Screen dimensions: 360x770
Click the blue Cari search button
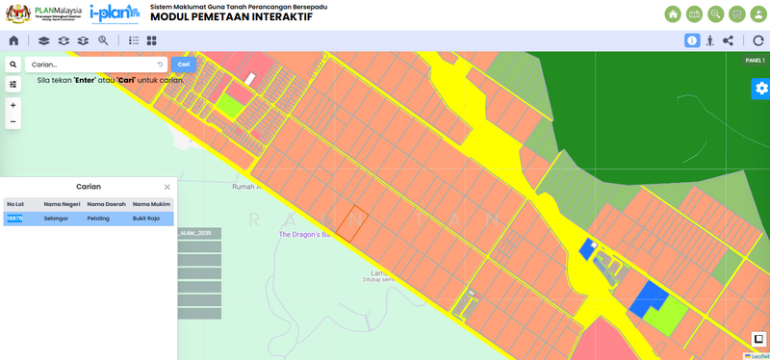(183, 64)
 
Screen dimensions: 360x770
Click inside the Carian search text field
(91, 64)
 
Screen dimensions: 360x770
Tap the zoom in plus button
(13, 105)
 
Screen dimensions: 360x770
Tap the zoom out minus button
(13, 122)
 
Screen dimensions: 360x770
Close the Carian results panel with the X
(167, 187)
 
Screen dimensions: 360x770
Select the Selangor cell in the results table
(57, 219)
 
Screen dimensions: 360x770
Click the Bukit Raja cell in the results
(146, 219)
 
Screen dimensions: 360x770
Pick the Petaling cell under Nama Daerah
(98, 219)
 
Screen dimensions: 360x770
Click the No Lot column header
(15, 204)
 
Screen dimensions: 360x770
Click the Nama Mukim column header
(151, 204)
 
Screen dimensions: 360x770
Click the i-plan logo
(115, 13)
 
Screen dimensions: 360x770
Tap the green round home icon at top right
(673, 14)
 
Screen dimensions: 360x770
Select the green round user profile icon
(758, 14)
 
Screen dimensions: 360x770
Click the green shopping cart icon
(737, 14)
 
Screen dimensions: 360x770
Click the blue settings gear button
(761, 89)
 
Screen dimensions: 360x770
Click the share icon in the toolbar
(728, 40)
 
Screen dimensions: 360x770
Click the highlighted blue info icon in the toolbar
(692, 40)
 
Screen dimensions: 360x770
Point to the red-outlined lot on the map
(351, 223)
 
